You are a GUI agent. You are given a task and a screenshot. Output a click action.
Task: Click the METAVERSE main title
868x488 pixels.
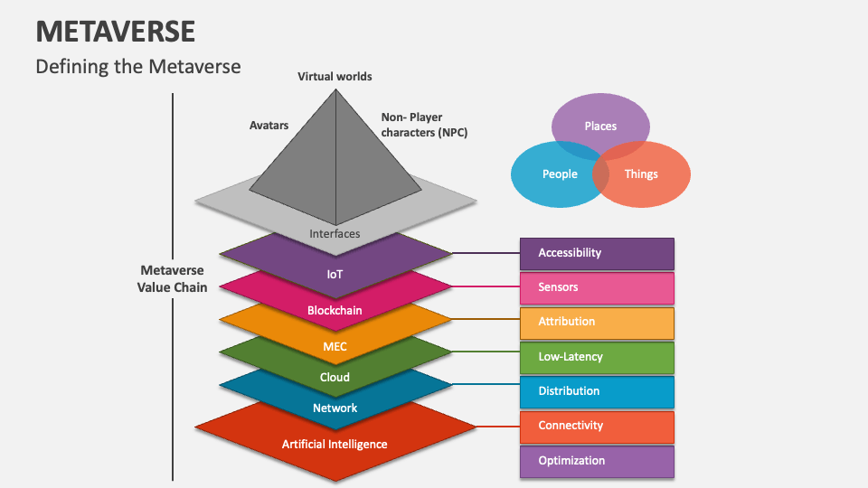[116, 31]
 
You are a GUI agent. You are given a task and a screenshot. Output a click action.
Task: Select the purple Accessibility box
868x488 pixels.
[597, 253]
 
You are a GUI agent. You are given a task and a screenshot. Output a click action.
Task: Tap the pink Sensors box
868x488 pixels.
[597, 287]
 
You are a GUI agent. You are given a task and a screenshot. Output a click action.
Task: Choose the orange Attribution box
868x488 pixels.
[597, 322]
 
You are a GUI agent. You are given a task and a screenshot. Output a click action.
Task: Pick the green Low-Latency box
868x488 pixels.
[597, 357]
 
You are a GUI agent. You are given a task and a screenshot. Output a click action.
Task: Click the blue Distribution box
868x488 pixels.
[597, 391]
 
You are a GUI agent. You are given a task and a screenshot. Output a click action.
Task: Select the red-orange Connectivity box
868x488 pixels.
[597, 426]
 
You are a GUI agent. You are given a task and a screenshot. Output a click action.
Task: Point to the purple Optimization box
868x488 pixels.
[597, 461]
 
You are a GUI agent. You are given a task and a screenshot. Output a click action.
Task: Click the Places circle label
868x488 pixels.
[600, 127]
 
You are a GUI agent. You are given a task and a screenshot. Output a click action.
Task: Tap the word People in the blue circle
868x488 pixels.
[560, 174]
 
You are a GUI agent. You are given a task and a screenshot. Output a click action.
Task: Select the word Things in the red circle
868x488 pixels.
[641, 174]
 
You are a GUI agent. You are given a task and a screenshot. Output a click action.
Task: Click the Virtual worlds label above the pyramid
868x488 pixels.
[335, 77]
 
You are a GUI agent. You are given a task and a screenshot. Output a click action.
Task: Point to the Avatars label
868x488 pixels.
[269, 126]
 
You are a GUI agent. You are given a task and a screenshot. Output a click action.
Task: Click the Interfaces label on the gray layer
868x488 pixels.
[335, 234]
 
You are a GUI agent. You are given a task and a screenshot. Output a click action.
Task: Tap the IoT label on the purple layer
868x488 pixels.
[335, 273]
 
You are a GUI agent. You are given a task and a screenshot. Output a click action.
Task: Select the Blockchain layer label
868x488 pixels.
[335, 311]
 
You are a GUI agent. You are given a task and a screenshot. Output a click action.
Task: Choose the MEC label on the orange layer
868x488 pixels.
[335, 346]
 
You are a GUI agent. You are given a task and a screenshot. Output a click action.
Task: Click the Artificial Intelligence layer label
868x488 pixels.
[335, 445]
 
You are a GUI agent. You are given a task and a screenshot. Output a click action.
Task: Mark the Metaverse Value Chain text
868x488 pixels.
[172, 278]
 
